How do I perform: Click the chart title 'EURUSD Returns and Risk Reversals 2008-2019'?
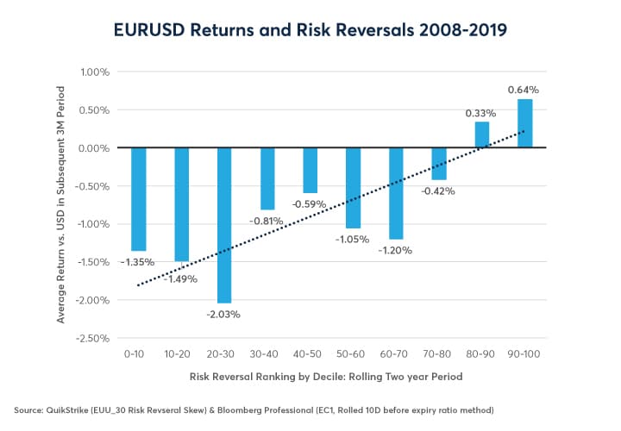310,31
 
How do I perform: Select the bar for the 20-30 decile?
224,225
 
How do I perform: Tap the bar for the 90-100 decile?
524,123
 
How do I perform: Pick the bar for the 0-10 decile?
138,199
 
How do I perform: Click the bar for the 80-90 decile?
482,134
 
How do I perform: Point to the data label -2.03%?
223,314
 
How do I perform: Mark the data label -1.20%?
396,251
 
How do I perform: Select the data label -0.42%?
439,192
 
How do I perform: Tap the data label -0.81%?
267,221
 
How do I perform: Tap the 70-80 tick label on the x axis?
439,353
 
